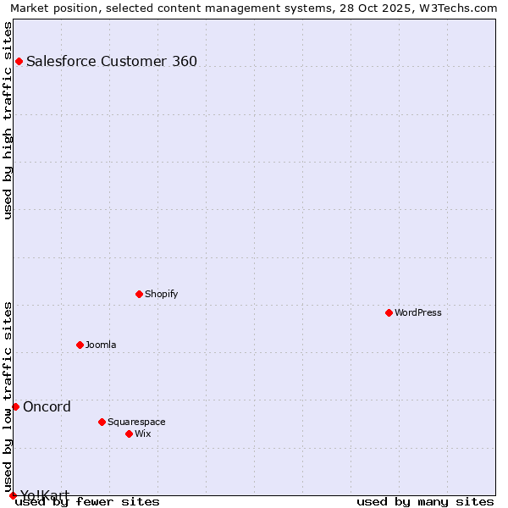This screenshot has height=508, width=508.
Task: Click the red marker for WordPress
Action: coord(389,312)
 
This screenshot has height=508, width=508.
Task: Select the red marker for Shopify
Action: coord(139,294)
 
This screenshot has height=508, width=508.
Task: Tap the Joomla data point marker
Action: coord(80,345)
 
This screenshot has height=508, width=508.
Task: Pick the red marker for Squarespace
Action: coord(102,422)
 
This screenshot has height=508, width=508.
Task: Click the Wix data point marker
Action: coord(129,433)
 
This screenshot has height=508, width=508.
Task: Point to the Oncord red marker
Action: coord(15,406)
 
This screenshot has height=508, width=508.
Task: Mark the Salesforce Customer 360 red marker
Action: coord(19,61)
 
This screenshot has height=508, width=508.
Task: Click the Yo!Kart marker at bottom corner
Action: coord(13,495)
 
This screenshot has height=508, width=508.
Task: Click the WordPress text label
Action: coord(418,312)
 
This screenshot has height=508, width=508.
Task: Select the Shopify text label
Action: coord(161,294)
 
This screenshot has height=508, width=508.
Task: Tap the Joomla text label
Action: coord(101,345)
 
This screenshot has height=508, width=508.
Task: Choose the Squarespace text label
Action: coord(136,422)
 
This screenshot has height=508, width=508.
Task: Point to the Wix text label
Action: coord(142,433)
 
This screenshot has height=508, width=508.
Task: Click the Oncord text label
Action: coord(47,406)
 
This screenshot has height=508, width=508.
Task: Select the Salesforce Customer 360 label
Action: coord(112,61)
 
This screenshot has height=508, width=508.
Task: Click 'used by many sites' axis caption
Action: coord(425,501)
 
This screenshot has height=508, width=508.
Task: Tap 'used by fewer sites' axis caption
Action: coord(88,501)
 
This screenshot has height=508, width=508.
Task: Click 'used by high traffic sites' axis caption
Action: coord(8,120)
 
